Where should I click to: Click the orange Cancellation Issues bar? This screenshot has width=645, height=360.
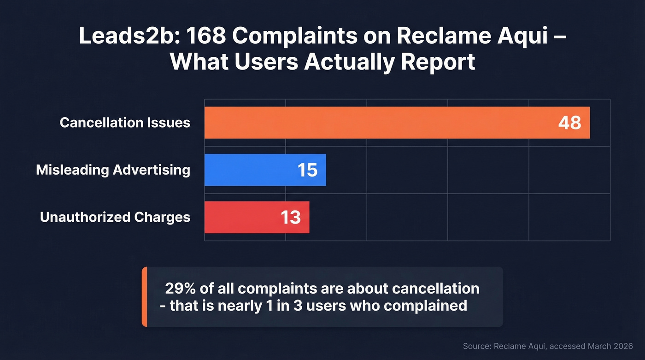(378, 123)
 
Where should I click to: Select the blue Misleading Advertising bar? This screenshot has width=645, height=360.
(258, 170)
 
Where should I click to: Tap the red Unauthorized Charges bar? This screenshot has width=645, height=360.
(249, 217)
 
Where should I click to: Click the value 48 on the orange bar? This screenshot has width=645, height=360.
(569, 123)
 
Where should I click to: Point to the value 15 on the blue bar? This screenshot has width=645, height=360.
(307, 170)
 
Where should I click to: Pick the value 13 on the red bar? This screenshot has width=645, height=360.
(291, 217)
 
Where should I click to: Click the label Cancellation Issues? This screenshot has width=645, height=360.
(125, 123)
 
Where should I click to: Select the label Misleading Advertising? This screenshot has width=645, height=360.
(113, 170)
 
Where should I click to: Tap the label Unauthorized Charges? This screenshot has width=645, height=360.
(115, 217)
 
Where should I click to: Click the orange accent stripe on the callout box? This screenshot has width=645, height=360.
(144, 297)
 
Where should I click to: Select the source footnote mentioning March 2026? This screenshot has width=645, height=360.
(547, 346)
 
